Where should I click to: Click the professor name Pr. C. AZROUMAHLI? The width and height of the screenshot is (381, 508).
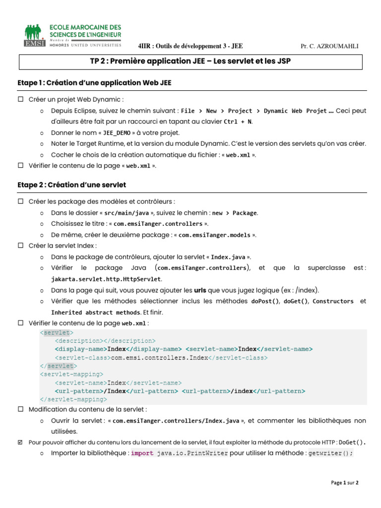click(329, 46)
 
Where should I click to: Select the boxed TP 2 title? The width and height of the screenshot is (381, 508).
click(190, 62)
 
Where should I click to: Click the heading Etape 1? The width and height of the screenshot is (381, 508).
click(94, 83)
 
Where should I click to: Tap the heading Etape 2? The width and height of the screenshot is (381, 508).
click(71, 185)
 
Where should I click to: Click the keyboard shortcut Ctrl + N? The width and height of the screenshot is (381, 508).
click(238, 122)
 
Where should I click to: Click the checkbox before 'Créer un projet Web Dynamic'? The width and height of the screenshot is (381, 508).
click(21, 100)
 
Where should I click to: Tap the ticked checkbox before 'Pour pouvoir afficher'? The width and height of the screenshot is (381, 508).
click(21, 442)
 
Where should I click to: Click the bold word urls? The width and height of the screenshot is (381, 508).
click(200, 290)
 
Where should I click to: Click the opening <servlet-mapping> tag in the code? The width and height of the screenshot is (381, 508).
click(71, 374)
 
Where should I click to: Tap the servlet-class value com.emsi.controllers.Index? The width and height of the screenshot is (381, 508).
click(159, 357)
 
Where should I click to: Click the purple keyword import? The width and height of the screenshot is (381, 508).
click(142, 453)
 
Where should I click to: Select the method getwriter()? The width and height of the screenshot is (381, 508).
click(330, 453)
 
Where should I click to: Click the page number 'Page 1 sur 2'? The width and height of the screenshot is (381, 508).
click(344, 482)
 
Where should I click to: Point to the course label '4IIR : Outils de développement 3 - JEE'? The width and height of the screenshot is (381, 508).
click(190, 46)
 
